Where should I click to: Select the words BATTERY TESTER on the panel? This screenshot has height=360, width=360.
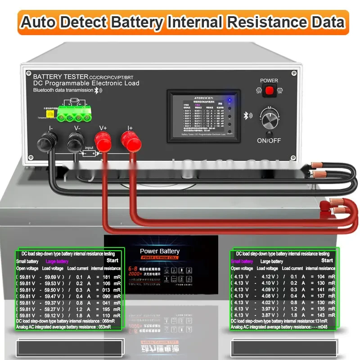coord(60,76)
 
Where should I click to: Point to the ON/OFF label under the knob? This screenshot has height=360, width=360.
coord(269,140)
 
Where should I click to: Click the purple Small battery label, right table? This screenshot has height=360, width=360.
coord(242,261)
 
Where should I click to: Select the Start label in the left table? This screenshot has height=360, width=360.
coord(112,261)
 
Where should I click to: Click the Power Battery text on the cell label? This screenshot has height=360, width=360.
coord(160,251)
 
